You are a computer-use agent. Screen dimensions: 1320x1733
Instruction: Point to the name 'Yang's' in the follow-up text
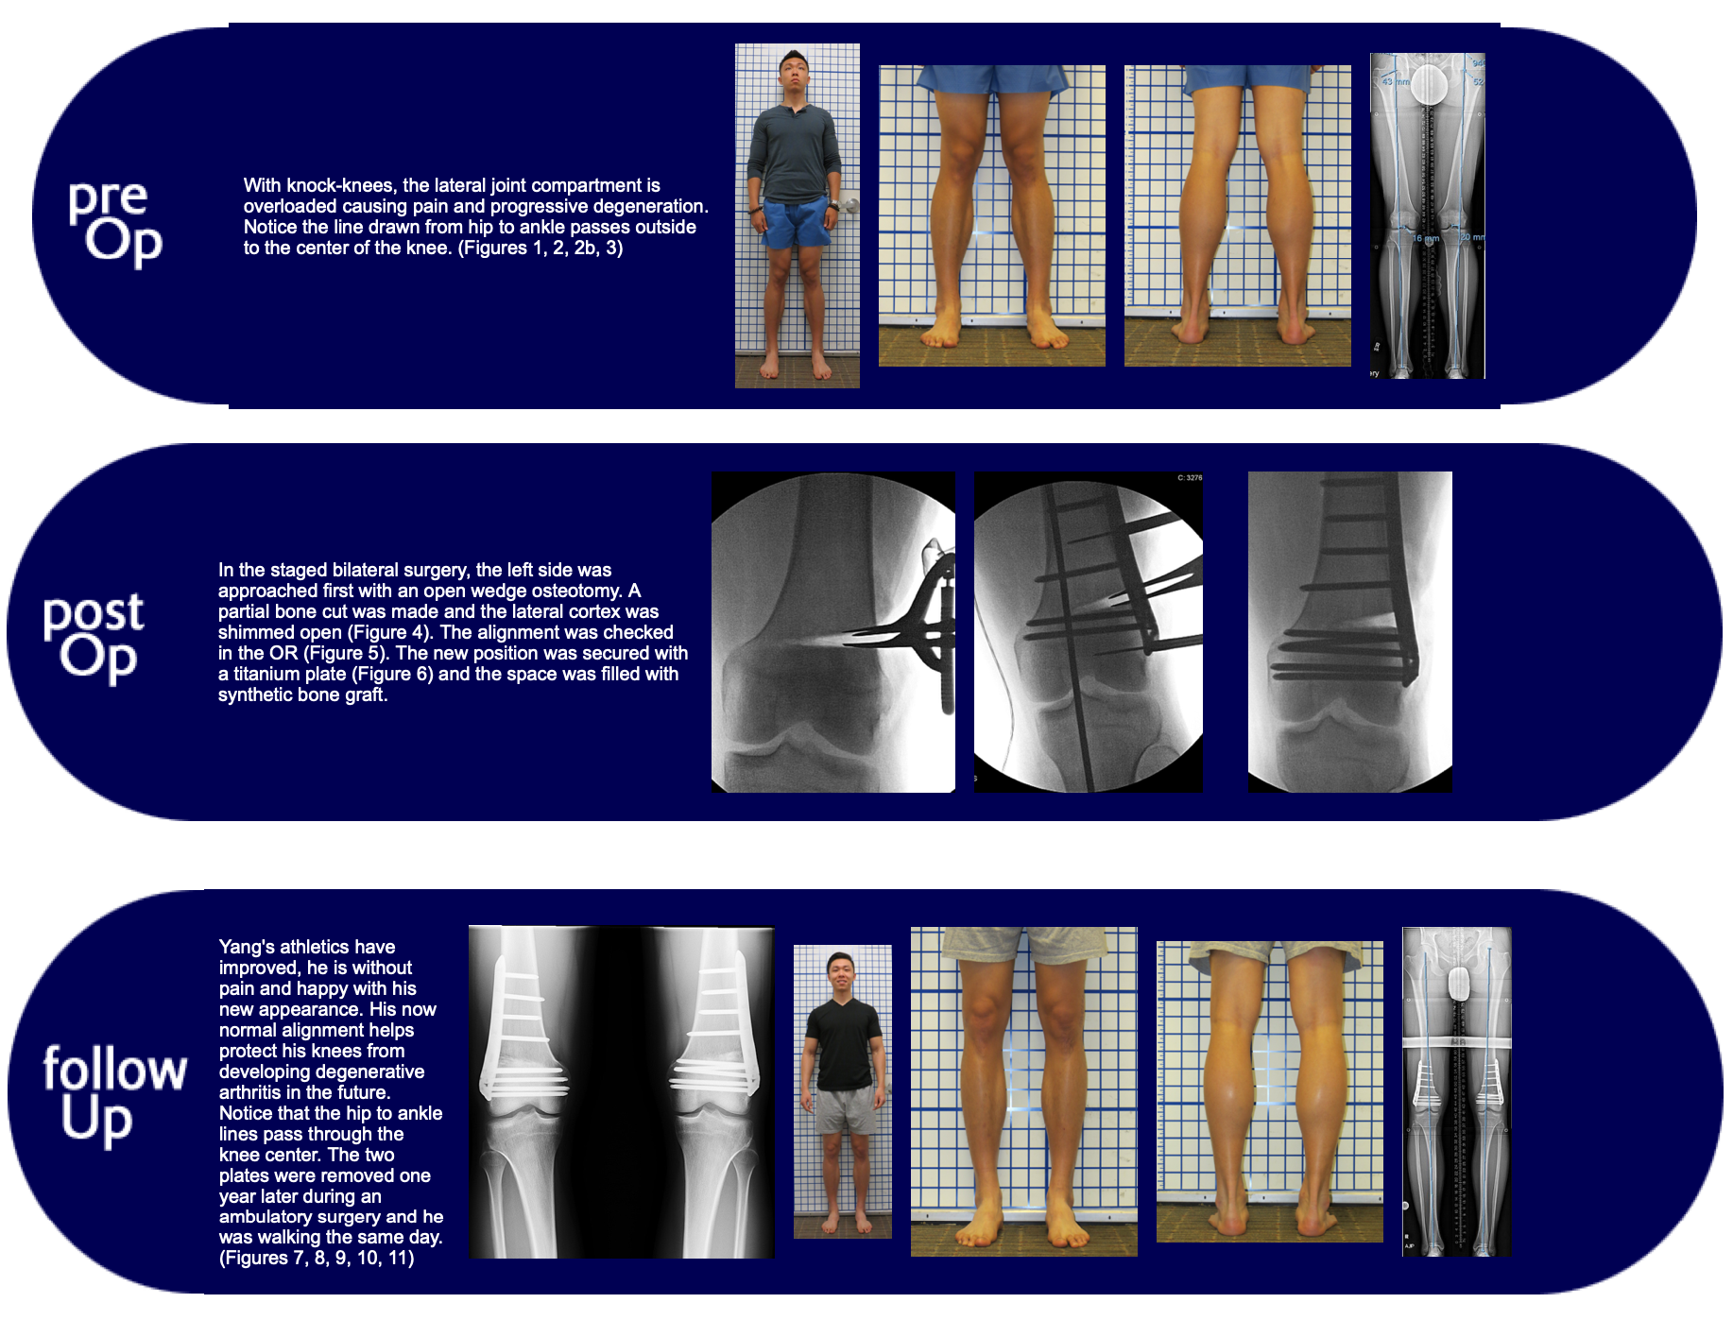pos(249,948)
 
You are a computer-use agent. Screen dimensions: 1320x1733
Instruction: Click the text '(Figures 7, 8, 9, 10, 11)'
pos(317,1259)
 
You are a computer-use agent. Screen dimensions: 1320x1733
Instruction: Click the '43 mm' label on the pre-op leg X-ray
pos(1395,82)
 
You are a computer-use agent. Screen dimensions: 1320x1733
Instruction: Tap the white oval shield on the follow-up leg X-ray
pos(1460,984)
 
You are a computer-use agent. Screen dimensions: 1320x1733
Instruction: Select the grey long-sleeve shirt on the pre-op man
pos(794,151)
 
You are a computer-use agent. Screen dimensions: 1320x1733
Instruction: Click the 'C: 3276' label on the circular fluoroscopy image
pos(1189,478)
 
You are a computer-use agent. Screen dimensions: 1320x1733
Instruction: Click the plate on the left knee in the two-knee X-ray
pos(515,1035)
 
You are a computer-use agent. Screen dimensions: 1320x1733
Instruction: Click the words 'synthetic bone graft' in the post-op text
pos(302,695)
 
